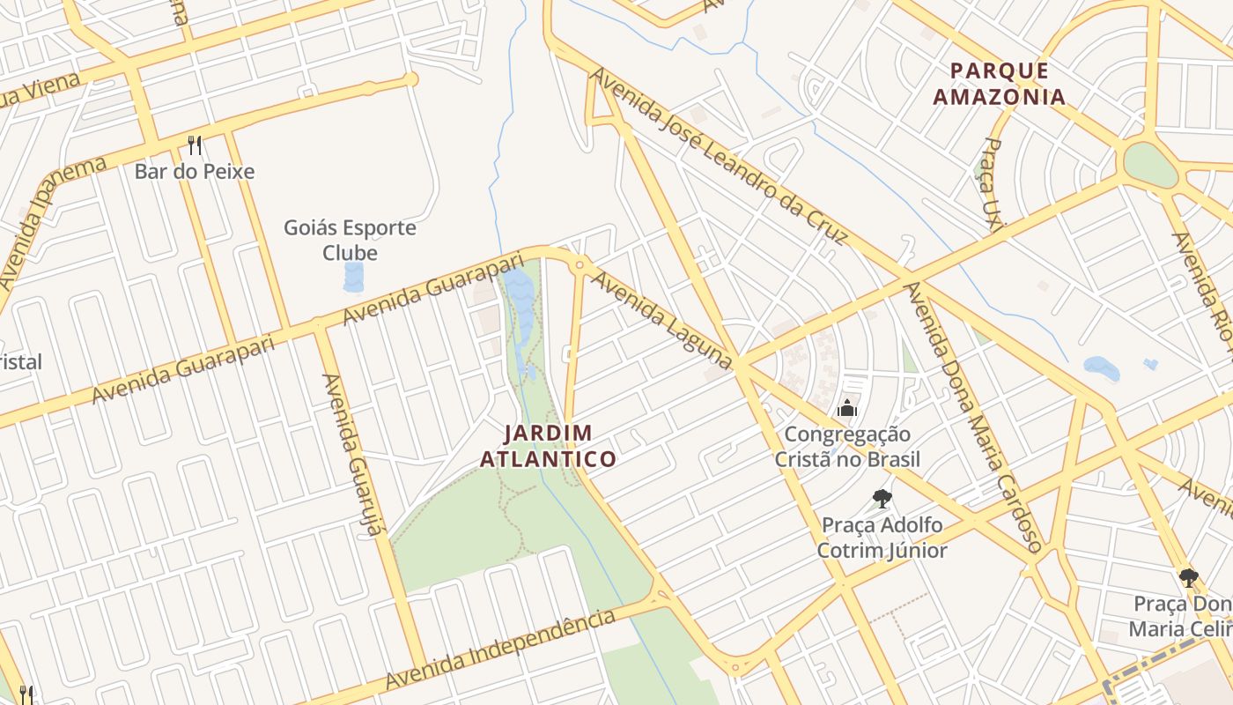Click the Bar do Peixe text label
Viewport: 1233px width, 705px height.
pos(194,171)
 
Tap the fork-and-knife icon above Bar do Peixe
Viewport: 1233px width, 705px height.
pos(195,145)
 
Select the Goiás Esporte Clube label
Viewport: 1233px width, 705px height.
pos(350,240)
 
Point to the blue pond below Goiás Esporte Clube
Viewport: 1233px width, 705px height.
pos(353,277)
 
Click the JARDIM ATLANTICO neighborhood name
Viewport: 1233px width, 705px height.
pos(548,446)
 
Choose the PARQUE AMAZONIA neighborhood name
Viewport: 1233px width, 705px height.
pos(1000,84)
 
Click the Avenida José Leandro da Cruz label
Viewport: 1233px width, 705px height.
pos(719,157)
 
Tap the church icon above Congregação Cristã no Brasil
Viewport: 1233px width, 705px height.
pos(847,407)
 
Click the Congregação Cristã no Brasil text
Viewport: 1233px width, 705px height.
pos(847,447)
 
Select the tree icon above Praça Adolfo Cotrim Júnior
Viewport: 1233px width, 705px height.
pos(882,499)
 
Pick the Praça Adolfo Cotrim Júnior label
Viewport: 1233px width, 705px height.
pos(882,538)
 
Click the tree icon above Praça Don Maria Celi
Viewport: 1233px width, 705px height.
pos(1188,578)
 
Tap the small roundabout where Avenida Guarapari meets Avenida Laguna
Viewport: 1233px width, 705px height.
pos(579,264)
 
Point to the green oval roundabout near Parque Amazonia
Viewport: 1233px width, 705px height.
pos(1150,164)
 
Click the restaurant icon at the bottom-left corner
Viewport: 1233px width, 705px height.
pos(26,694)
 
